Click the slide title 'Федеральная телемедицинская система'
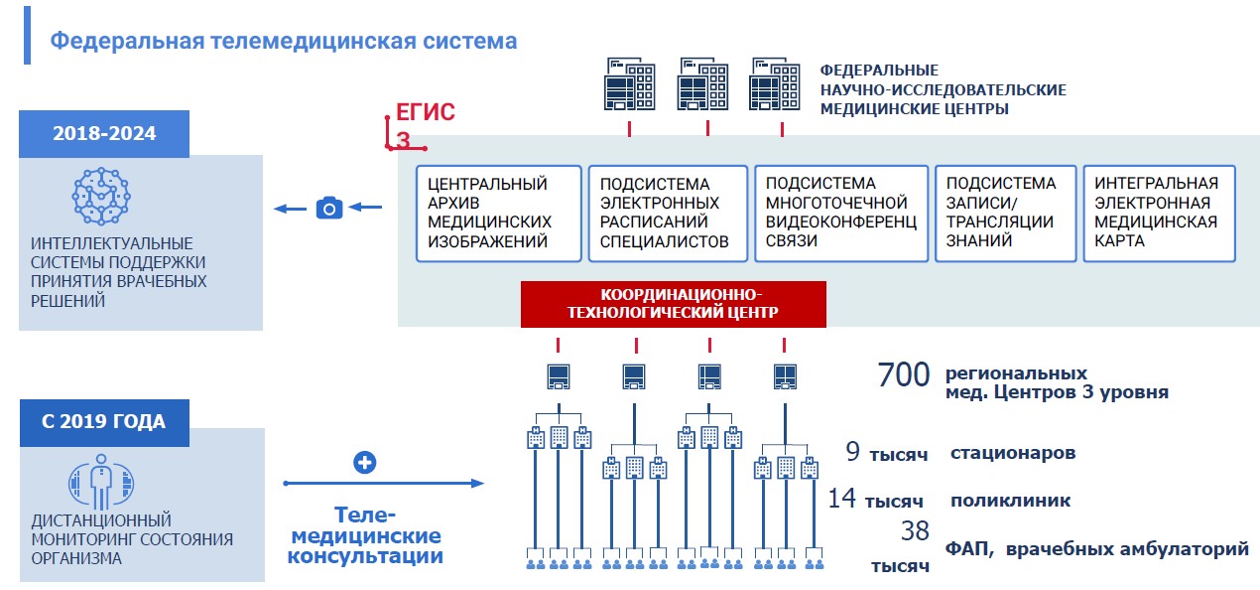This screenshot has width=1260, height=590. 284,41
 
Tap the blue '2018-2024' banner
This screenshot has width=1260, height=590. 104,133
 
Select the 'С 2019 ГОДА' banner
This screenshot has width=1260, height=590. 103,421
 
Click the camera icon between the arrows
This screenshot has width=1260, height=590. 328,208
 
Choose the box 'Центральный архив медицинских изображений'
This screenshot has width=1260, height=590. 497,213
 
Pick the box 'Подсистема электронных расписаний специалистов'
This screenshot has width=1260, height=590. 667,213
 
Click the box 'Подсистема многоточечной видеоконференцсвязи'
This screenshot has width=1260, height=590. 840,213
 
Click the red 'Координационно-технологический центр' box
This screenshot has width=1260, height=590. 673,304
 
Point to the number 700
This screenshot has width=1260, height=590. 904,375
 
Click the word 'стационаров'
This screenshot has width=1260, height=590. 1012,453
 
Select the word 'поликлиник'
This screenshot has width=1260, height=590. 1010,500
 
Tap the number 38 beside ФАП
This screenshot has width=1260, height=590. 915,530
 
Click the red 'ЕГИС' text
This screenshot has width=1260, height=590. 425,112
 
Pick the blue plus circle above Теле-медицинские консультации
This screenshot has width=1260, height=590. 365,463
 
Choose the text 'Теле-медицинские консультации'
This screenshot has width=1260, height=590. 365,536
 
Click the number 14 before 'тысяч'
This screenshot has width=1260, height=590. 842,498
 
